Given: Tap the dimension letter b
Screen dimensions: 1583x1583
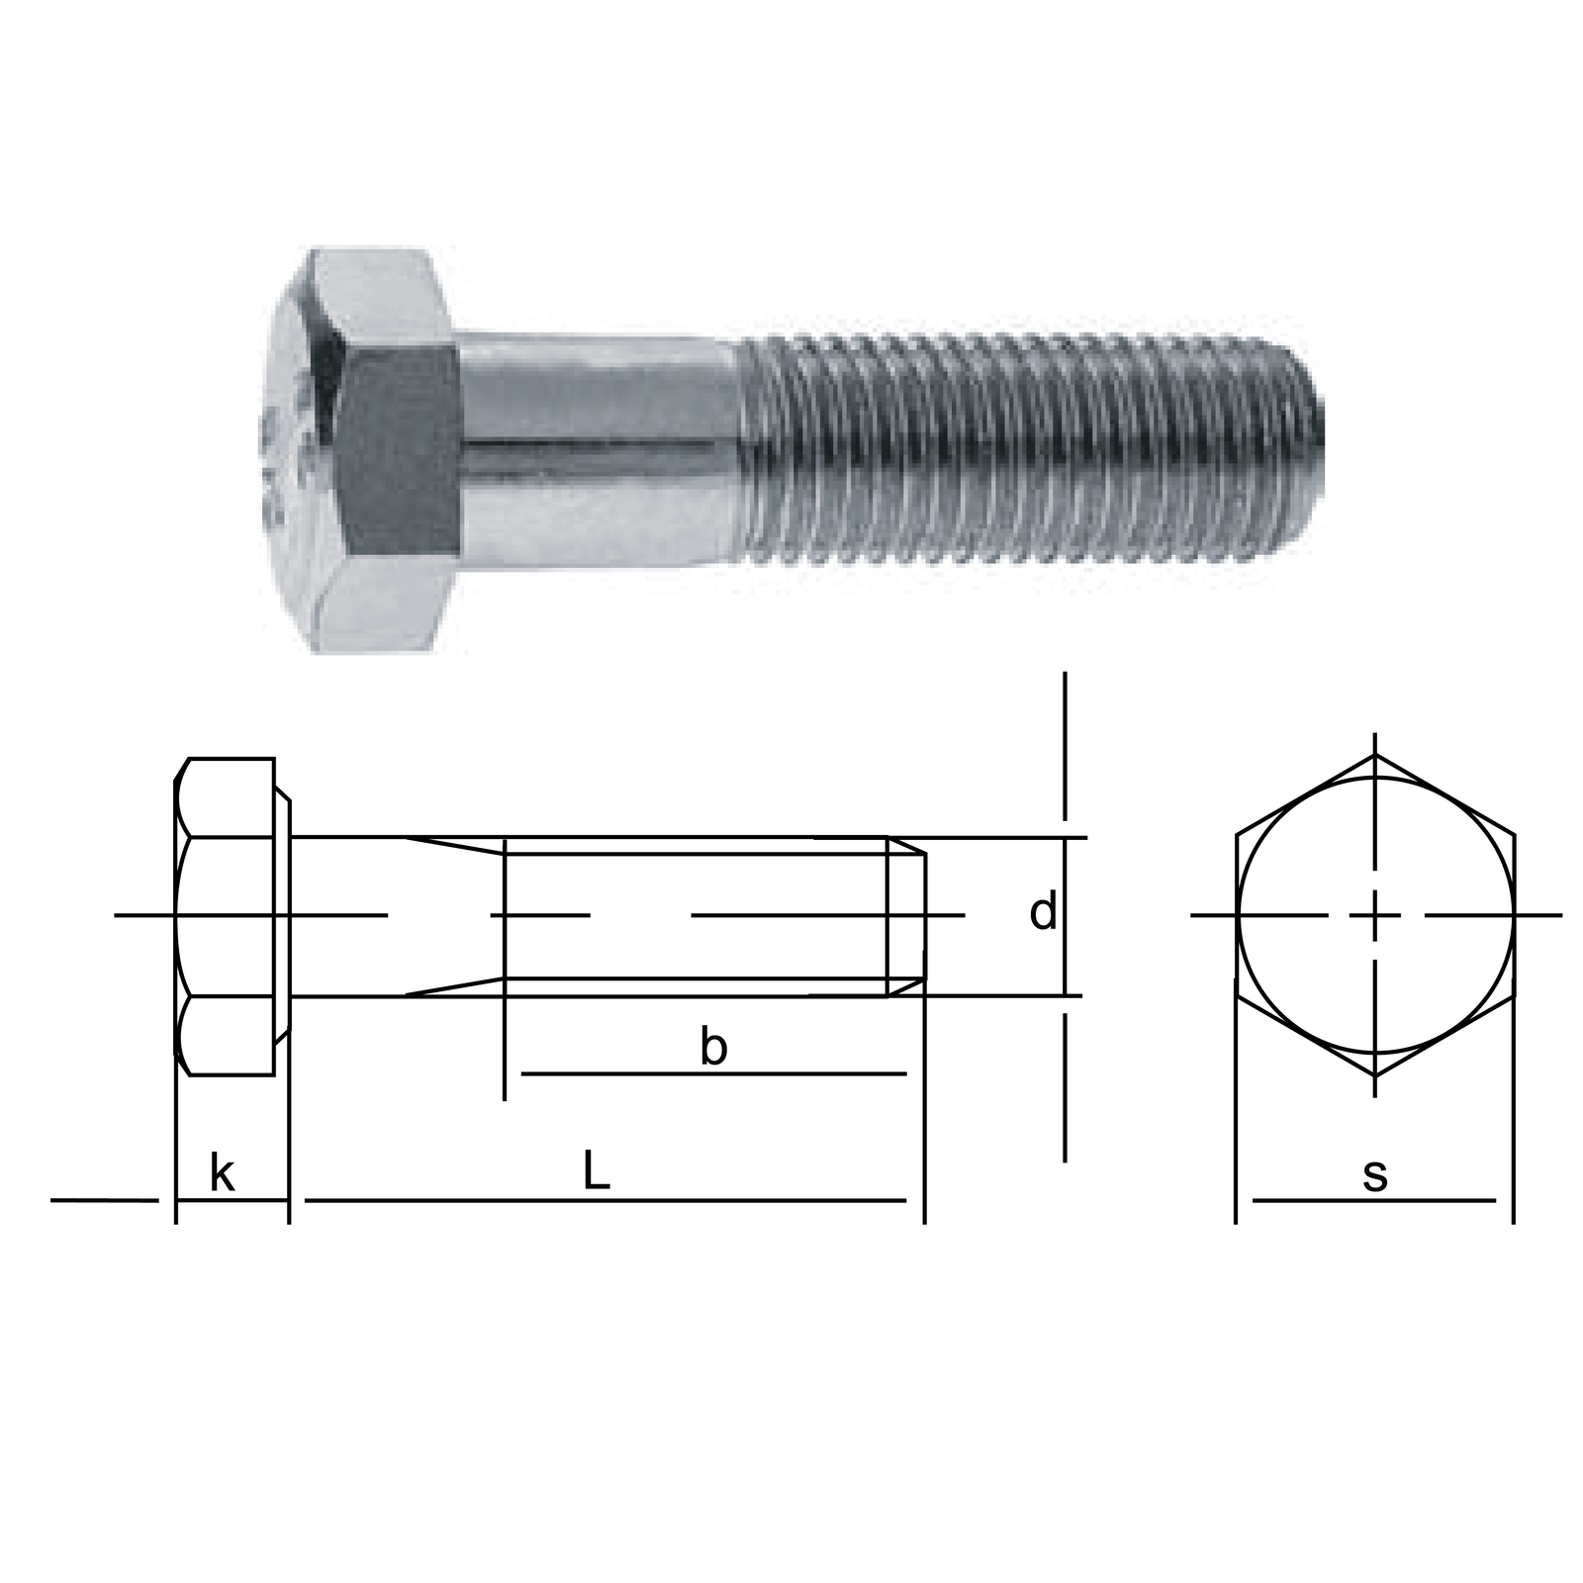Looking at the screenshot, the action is [712, 1046].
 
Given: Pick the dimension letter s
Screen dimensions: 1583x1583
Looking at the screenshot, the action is [1375, 1175].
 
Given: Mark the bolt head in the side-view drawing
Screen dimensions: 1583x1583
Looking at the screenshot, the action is [225, 916].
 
